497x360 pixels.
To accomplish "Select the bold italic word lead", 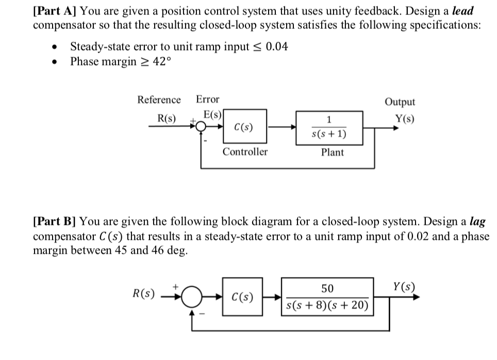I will point(462,11).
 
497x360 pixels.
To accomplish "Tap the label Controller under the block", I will point(245,152).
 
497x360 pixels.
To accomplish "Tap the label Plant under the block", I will point(332,152).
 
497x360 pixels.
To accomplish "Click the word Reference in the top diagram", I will point(159,100).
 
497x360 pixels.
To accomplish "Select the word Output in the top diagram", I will point(400,102).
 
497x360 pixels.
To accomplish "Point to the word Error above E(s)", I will point(207,100).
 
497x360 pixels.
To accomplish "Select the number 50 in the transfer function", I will point(327,288).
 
